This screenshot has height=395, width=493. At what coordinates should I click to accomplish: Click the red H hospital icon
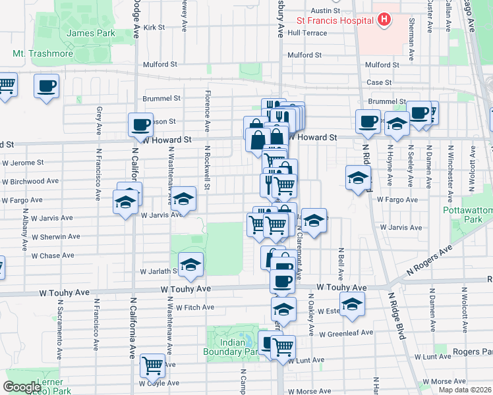tap(384, 20)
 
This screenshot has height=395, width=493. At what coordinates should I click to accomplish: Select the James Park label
tap(90, 33)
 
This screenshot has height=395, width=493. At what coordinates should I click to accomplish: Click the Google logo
tap(22, 387)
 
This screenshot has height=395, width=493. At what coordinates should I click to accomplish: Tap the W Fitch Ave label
tap(190, 307)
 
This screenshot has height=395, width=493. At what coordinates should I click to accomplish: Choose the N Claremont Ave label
tap(299, 251)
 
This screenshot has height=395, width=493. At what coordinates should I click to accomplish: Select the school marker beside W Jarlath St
tap(190, 265)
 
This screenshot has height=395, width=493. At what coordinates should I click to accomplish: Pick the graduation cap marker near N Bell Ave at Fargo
tap(359, 178)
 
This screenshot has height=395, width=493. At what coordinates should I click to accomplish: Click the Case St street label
tap(379, 82)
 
